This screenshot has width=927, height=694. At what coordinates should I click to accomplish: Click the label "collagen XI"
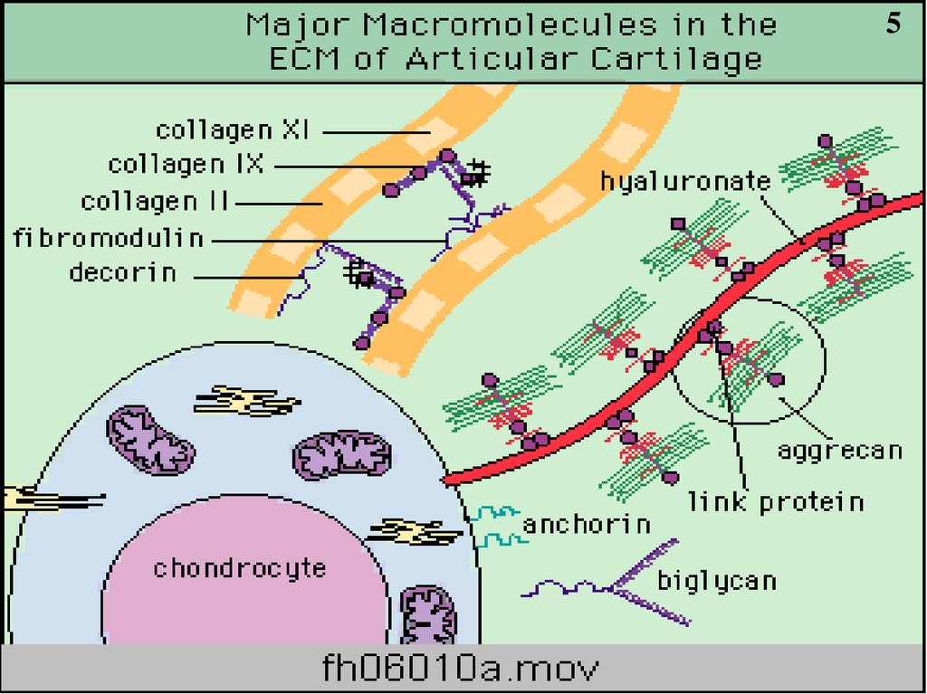(x=234, y=130)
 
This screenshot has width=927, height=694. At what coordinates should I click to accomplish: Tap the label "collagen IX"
(x=186, y=165)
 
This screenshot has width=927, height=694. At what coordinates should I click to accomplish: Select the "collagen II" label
(x=156, y=201)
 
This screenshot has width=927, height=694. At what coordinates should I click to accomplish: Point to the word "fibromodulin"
(x=108, y=238)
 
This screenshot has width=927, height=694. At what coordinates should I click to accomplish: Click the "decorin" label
(x=123, y=271)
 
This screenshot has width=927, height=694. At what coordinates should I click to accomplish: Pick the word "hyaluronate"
(x=685, y=181)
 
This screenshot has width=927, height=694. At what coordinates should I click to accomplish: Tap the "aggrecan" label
(x=840, y=450)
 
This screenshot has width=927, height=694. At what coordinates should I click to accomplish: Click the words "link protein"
(x=776, y=500)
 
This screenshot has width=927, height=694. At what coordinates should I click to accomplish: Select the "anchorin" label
(x=587, y=524)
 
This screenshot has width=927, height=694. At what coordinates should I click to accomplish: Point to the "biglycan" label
(x=716, y=580)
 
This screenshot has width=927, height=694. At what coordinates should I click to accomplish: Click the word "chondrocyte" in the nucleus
(x=239, y=568)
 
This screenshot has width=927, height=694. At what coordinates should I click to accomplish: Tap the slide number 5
(x=893, y=24)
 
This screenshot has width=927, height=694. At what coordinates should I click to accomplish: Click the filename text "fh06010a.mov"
(x=461, y=670)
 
